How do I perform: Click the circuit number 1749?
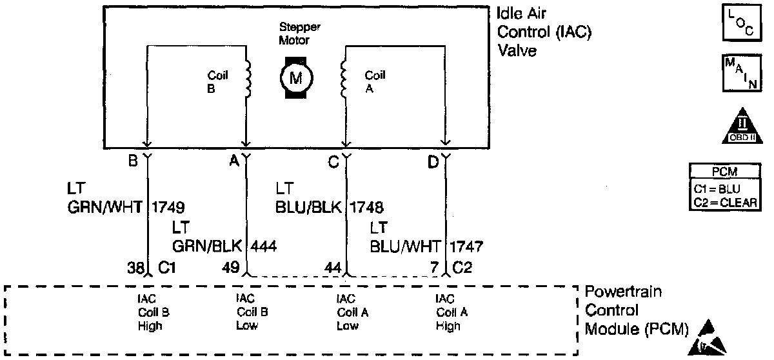(x=169, y=208)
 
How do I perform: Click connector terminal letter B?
(x=133, y=162)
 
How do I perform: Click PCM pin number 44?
(x=333, y=266)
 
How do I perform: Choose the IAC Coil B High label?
(x=150, y=312)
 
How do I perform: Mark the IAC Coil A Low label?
(x=348, y=312)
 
